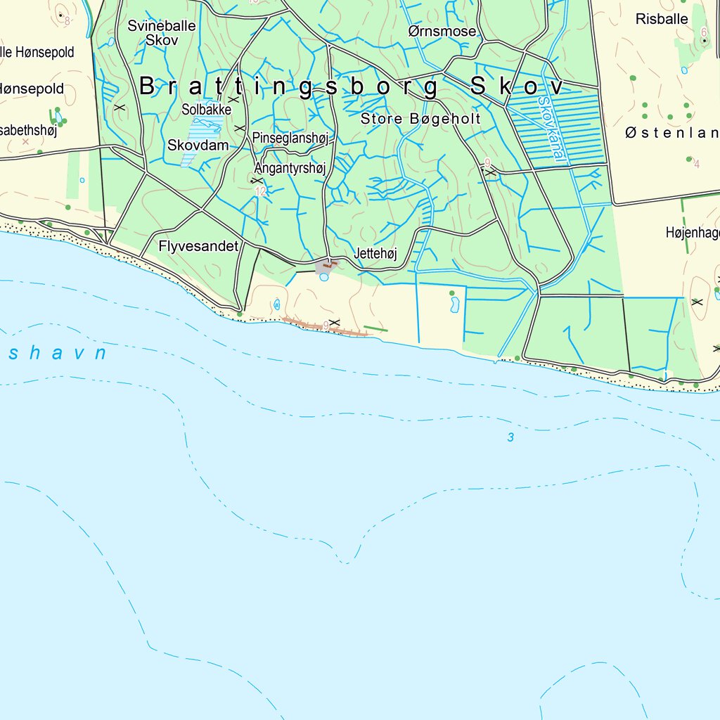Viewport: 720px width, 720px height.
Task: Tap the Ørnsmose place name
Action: [x=442, y=32]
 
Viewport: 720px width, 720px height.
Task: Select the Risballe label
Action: [x=662, y=19]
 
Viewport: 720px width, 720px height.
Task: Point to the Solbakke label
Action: [x=206, y=110]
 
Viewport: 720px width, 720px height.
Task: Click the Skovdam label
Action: [x=198, y=146]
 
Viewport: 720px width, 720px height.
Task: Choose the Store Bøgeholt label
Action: [x=420, y=119]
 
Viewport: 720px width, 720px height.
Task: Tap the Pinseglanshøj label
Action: [x=290, y=138]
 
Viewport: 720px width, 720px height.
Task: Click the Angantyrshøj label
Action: [x=290, y=169]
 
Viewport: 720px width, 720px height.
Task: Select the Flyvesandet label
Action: [x=199, y=246]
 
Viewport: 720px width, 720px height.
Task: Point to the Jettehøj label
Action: [x=376, y=254]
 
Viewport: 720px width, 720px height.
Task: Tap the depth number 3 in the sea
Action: [x=511, y=438]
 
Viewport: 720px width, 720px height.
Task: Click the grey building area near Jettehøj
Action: [x=325, y=266]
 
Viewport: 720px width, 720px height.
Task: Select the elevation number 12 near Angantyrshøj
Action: [x=261, y=191]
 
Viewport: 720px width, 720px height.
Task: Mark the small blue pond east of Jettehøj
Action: [x=454, y=304]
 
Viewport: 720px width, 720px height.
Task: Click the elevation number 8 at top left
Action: [x=67, y=21]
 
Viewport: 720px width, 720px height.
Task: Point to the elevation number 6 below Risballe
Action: [x=704, y=32]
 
